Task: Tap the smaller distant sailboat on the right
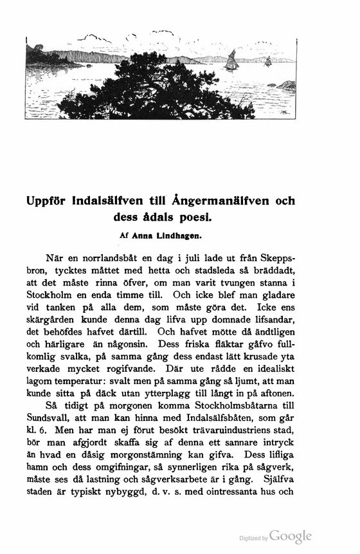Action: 268,61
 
